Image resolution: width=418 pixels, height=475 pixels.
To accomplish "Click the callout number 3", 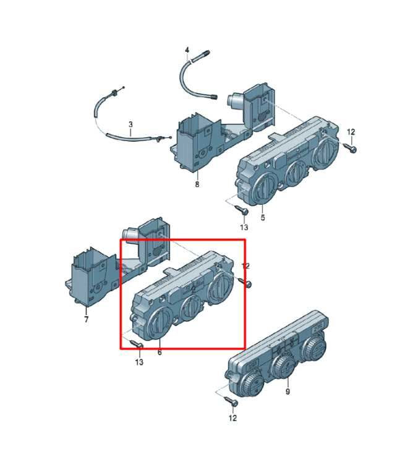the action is [x=130, y=124].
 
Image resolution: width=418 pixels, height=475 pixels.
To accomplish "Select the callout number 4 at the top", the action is [x=187, y=49].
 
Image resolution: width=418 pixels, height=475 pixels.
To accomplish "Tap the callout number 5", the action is [x=263, y=217].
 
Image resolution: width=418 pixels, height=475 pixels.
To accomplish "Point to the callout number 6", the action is [x=160, y=353].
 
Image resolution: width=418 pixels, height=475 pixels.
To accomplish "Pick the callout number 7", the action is [x=87, y=319].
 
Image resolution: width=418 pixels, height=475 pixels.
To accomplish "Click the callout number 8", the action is [x=197, y=184].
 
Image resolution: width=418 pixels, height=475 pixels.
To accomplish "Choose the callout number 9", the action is [x=288, y=392].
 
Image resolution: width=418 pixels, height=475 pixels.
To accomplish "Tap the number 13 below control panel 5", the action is [x=244, y=227].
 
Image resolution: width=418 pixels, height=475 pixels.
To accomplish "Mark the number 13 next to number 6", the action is [x=139, y=362].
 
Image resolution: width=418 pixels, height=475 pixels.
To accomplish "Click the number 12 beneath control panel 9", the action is [x=232, y=418].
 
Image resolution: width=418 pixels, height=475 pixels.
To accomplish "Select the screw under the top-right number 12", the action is [x=350, y=148].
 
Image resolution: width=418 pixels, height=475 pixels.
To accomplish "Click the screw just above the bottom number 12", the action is [x=232, y=401].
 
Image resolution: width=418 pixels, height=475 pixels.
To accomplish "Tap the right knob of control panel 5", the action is [x=326, y=152].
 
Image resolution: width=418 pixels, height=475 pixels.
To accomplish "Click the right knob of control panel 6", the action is [x=222, y=286].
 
